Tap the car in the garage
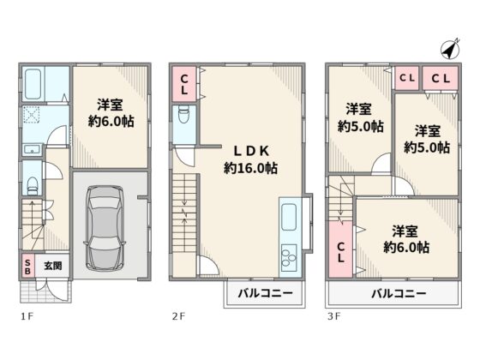tap(105, 228)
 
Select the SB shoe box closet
tap(27, 267)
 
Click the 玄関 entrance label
tap(53, 266)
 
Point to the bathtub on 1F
tap(33, 84)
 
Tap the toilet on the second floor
tap(183, 115)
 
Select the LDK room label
tap(251, 151)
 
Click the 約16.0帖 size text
tap(250, 168)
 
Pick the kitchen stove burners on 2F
tap(289, 258)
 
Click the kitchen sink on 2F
tap(289, 217)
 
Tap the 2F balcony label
tap(265, 293)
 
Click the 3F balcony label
tap(399, 294)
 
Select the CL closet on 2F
tap(184, 84)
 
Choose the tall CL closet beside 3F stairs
tap(341, 249)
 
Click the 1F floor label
tap(27, 316)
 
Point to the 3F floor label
tap(333, 316)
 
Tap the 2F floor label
tap(178, 316)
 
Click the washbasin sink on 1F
tap(33, 150)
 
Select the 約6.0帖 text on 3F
tap(406, 248)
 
